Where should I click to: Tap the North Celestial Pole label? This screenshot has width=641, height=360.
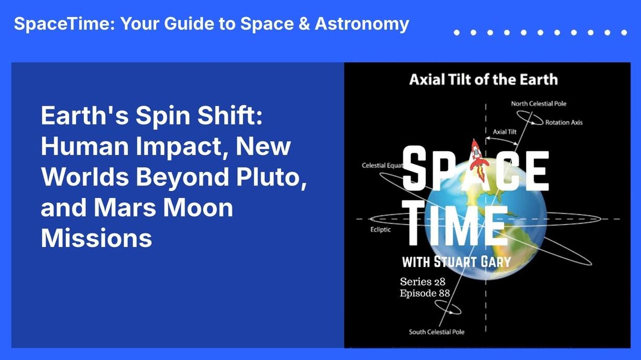tap(538, 104)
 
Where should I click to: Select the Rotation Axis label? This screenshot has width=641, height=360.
tap(564, 122)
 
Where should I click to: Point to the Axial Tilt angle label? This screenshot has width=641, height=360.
tap(504, 132)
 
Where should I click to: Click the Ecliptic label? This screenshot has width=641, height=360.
tap(380, 230)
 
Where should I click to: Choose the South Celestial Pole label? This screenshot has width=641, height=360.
tap(436, 332)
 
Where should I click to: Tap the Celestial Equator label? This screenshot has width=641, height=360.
tap(383, 165)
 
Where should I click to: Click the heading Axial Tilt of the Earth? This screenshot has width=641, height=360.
tap(483, 80)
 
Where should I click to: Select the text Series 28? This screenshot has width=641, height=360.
tap(422, 281)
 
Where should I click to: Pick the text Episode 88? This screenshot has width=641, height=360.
tap(425, 293)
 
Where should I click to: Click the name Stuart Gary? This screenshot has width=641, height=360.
tap(472, 262)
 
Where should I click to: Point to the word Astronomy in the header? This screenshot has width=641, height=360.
tap(362, 24)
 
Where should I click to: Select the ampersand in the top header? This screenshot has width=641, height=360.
tap(304, 23)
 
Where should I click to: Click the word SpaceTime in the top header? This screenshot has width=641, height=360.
tap(64, 24)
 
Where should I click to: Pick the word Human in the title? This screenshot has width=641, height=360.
tap(85, 146)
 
